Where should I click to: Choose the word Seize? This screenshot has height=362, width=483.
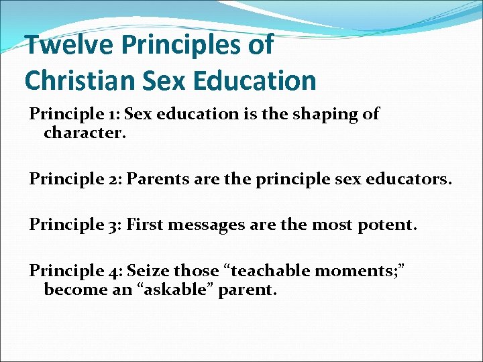click(x=148, y=271)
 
